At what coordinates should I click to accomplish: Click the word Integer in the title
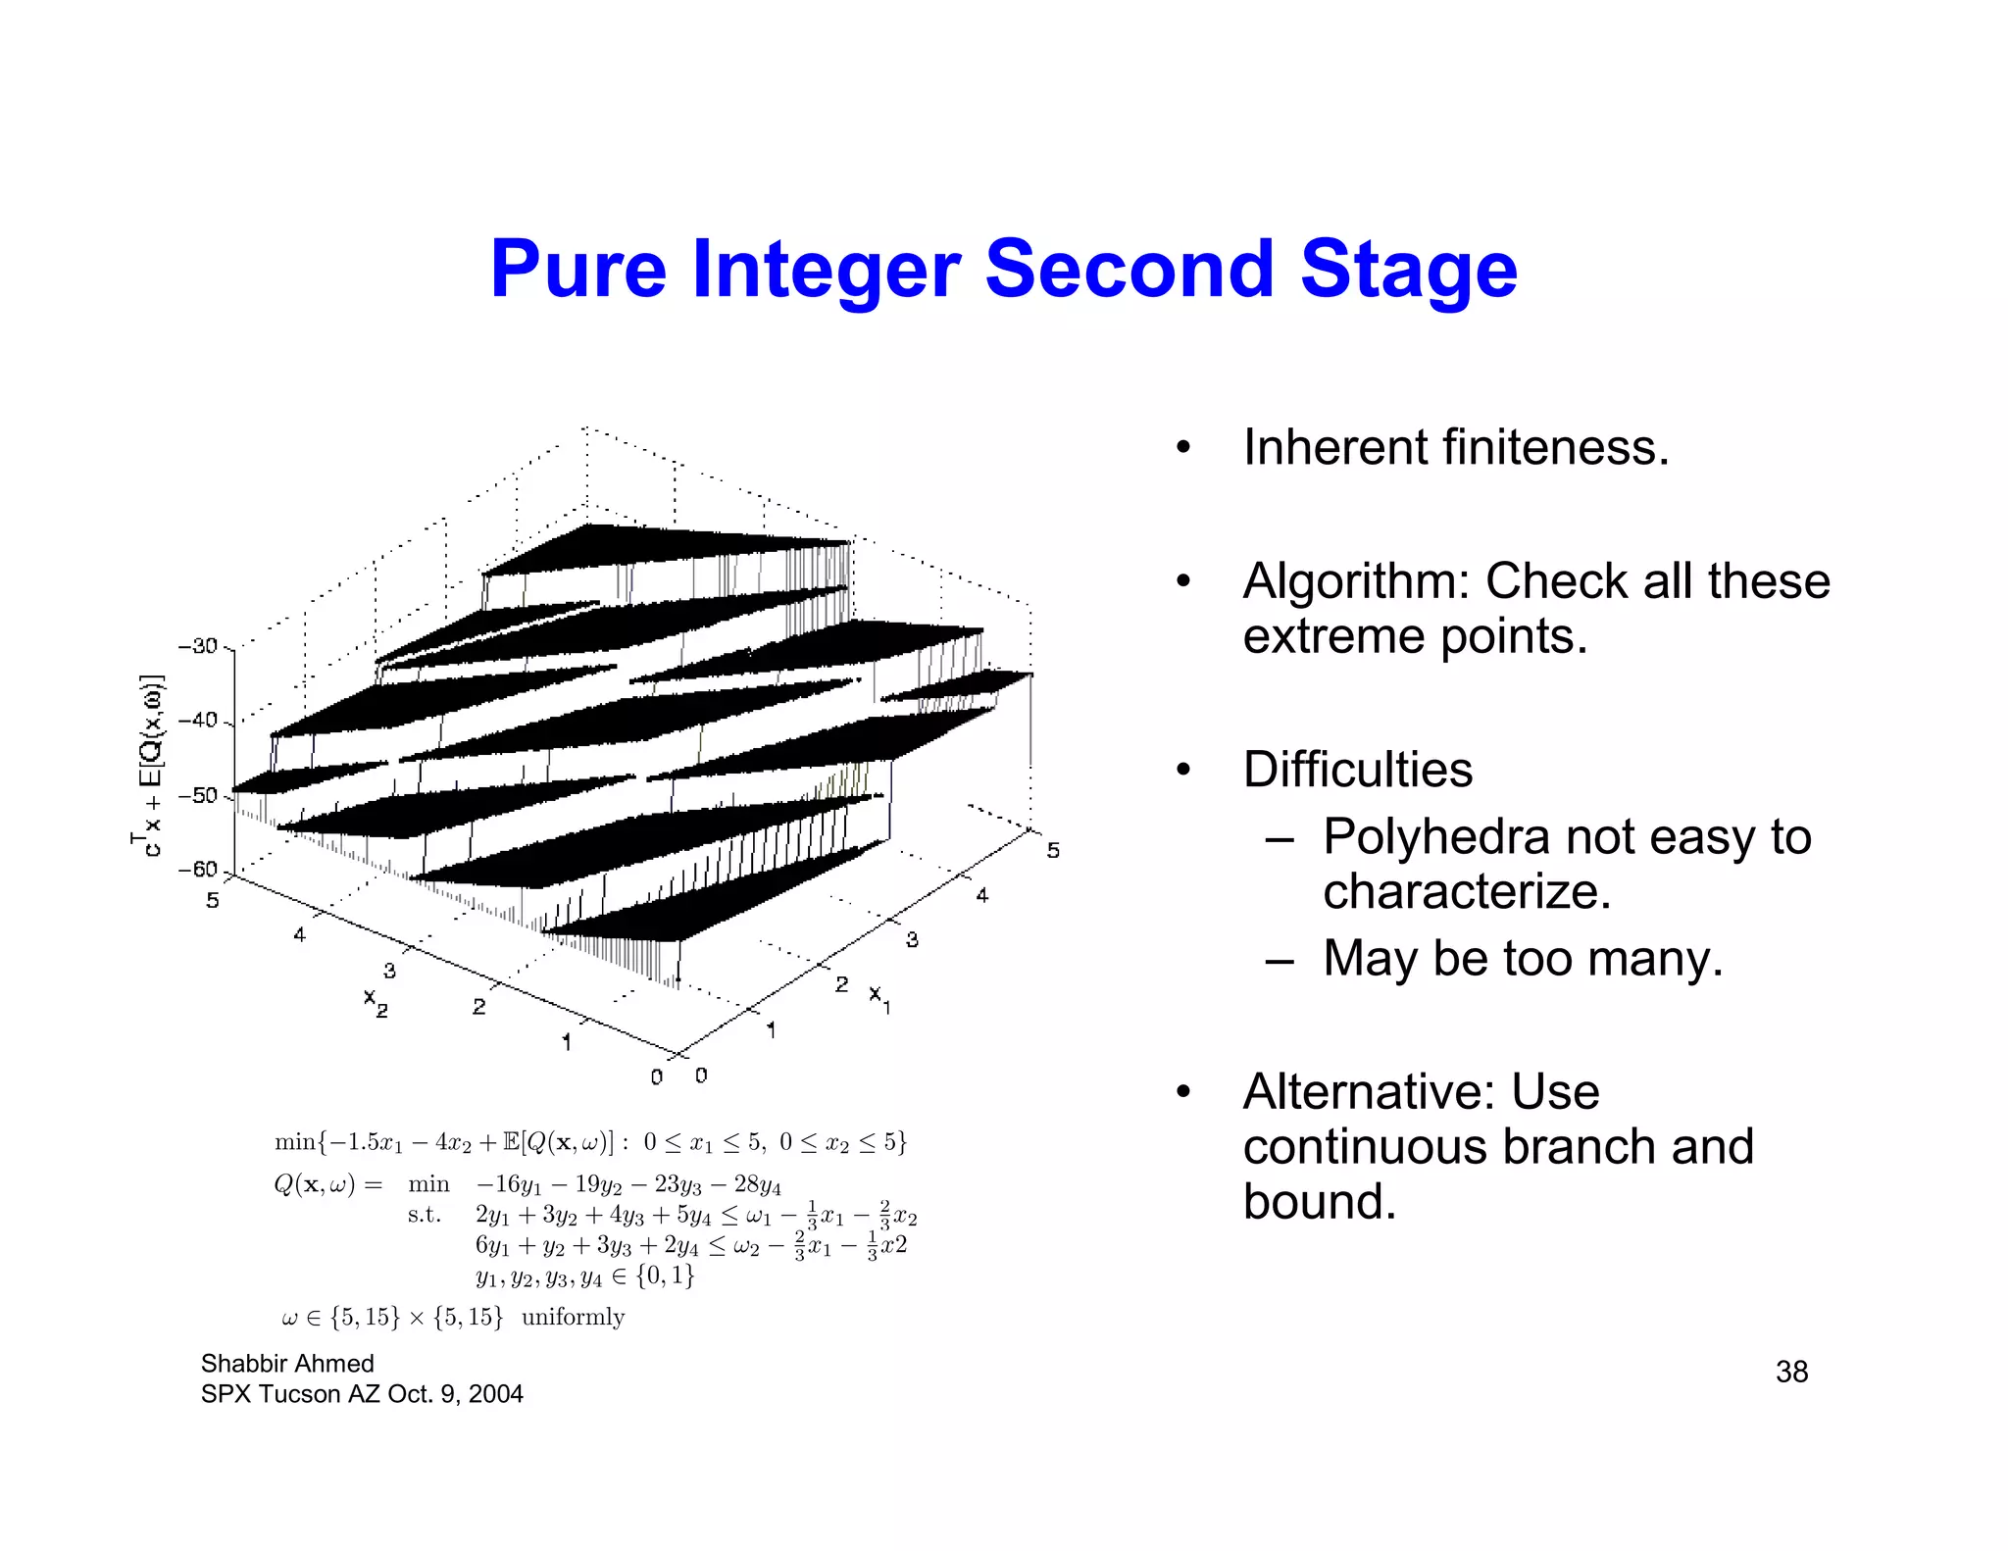[x=827, y=270]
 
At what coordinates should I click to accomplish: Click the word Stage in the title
[x=1409, y=270]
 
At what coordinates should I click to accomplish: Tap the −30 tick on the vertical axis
[x=199, y=646]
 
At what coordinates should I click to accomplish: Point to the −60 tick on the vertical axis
[x=199, y=870]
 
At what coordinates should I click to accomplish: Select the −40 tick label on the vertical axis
[x=199, y=720]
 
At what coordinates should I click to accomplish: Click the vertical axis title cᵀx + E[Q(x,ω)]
[x=148, y=765]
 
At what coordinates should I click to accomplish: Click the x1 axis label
[x=879, y=997]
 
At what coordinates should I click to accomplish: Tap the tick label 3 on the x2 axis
[x=389, y=971]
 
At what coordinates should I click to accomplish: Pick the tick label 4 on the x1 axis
[x=982, y=894]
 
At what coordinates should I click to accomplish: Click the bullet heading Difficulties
[x=1358, y=770]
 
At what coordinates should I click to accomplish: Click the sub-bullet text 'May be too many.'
[x=1523, y=958]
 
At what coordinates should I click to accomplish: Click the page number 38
[x=1791, y=1372]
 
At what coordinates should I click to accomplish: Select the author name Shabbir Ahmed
[x=287, y=1364]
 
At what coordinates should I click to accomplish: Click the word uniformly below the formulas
[x=573, y=1317]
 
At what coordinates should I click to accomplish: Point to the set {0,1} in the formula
[x=666, y=1276]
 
